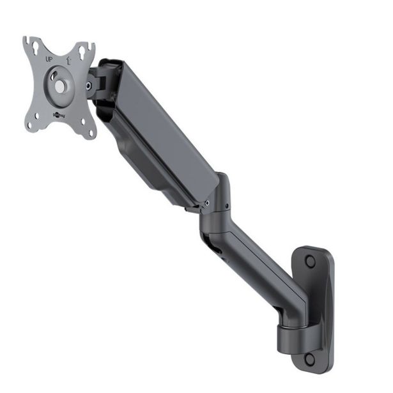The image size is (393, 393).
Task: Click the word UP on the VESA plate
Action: click(x=49, y=59)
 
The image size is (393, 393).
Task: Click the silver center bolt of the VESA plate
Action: click(x=59, y=85)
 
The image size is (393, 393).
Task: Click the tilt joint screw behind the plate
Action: click(x=88, y=84)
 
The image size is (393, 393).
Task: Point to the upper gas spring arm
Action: click(x=153, y=134)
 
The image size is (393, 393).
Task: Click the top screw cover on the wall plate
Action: click(x=310, y=261)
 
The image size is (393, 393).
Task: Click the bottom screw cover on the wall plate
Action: click(x=310, y=359)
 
